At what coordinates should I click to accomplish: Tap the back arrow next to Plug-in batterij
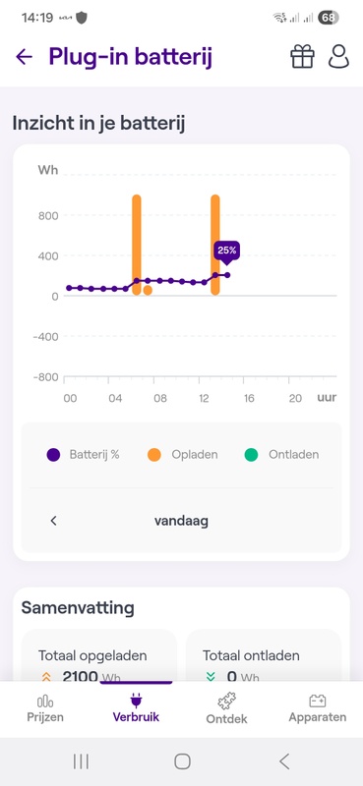click(24, 57)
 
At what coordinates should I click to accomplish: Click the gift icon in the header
click(302, 57)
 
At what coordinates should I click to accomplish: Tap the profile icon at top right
click(339, 57)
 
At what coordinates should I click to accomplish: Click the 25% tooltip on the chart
click(226, 251)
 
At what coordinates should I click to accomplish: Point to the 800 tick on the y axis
click(48, 216)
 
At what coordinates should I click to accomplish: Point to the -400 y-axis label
click(45, 337)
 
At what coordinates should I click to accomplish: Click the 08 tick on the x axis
click(160, 398)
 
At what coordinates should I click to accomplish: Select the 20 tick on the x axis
click(295, 398)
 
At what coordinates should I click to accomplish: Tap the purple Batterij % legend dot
click(53, 455)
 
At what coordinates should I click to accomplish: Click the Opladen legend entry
click(183, 455)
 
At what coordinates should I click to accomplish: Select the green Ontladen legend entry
click(286, 455)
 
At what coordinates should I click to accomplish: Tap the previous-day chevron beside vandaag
click(54, 521)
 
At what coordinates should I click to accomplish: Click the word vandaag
click(181, 521)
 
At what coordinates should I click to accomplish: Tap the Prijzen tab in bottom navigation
click(45, 708)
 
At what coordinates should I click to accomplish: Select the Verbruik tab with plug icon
click(136, 708)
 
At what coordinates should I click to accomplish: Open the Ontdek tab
click(226, 708)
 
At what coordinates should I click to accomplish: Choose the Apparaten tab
click(317, 708)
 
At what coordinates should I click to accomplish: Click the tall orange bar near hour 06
click(137, 246)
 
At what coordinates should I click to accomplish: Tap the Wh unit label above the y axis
click(48, 171)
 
